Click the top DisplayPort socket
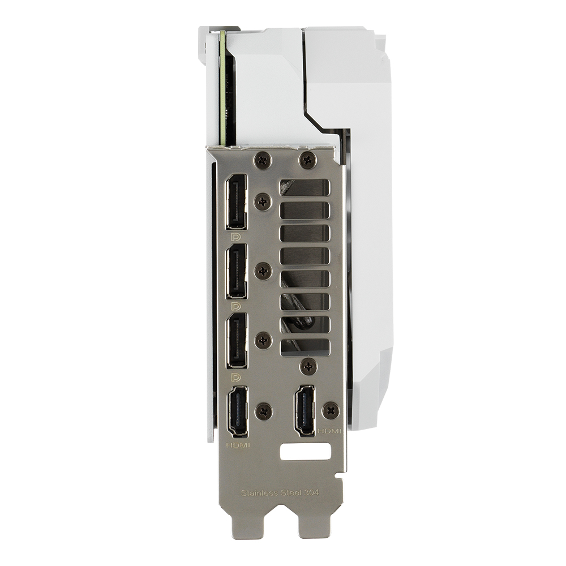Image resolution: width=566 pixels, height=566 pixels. coord(237,202)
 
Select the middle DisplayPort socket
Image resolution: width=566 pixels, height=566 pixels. coord(237,271)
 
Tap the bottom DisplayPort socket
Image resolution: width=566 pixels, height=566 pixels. coord(237,340)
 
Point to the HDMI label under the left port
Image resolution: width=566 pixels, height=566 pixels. coord(238,445)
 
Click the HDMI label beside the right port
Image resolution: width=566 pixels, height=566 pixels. coord(329,431)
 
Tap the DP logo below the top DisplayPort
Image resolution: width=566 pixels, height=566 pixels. coord(236,238)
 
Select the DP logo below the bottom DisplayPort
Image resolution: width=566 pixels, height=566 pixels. coord(236,378)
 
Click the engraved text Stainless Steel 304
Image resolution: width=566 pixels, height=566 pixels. coord(280,493)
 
